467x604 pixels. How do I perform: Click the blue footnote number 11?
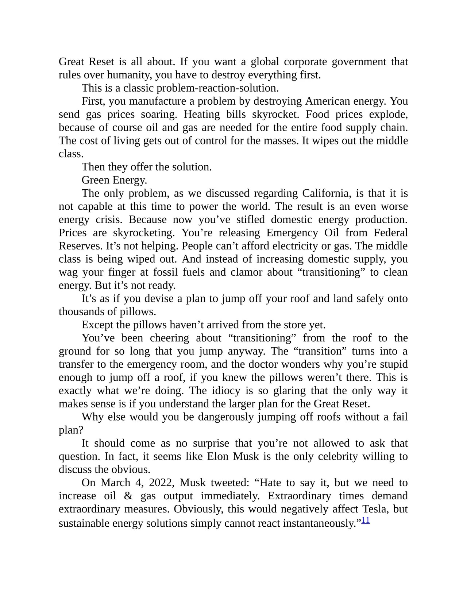point(366,520)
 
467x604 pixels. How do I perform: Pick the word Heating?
point(202,115)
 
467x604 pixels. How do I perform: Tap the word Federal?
point(391,233)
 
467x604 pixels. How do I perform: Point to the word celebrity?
point(338,456)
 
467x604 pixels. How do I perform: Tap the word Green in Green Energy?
point(95,180)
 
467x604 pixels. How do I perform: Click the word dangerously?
point(226,417)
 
